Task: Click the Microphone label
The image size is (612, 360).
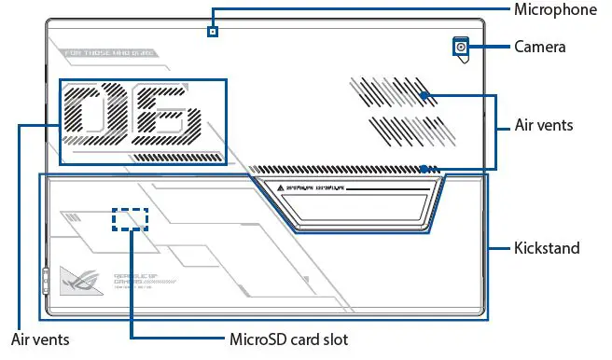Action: coord(555,9)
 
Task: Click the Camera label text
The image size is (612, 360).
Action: coord(540,46)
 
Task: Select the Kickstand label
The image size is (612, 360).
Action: coord(547,248)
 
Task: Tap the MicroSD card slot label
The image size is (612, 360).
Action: coord(288,339)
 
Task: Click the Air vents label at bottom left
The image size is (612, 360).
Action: coord(40,339)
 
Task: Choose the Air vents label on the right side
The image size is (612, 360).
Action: coord(544,124)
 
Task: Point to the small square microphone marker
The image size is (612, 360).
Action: coord(213,31)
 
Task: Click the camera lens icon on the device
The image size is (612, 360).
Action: coord(461,47)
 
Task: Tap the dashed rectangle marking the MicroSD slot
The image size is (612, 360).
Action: coord(131,219)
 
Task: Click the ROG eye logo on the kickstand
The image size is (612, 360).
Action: coord(78,277)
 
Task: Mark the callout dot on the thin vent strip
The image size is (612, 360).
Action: coord(424,169)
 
